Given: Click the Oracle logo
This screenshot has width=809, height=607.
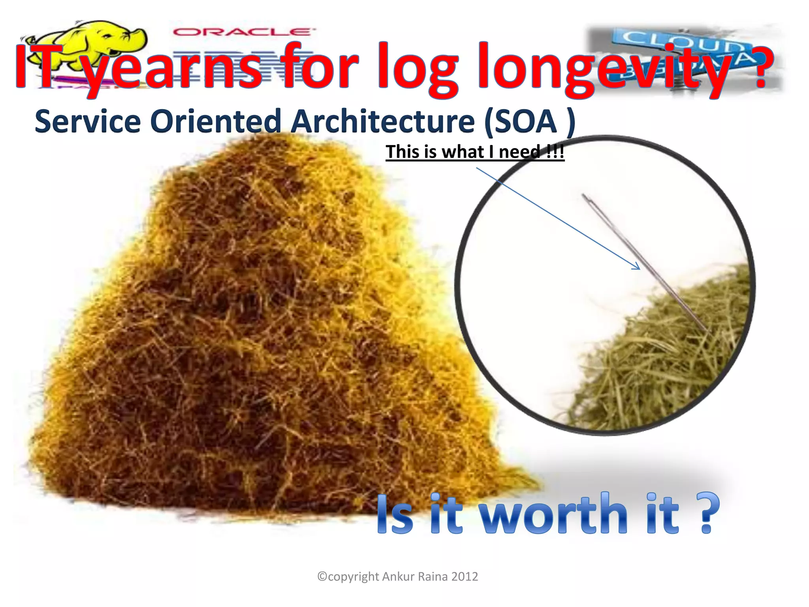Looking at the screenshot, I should [x=242, y=32].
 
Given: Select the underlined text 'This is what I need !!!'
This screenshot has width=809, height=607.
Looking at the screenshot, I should [x=475, y=152].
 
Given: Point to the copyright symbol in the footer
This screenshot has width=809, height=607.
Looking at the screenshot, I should [x=322, y=577].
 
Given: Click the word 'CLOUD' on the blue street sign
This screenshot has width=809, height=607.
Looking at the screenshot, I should [x=679, y=42].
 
